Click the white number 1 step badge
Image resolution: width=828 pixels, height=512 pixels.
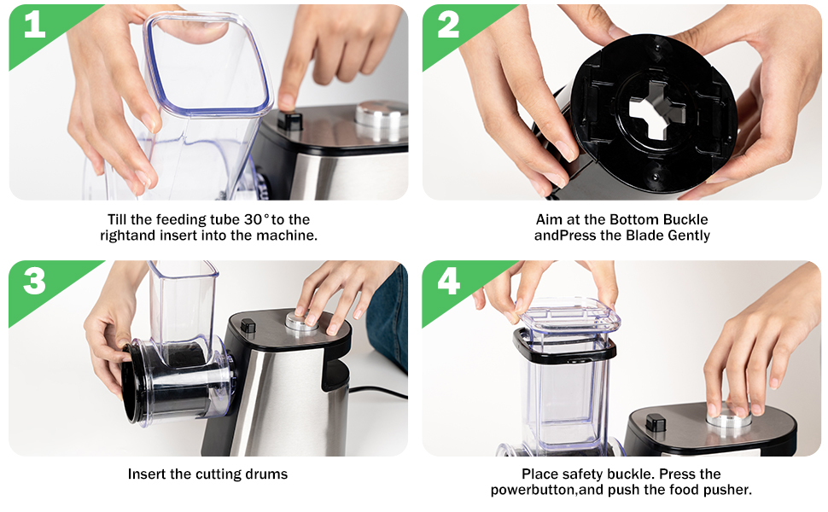[x=35, y=24]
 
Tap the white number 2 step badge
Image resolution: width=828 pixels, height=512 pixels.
[x=448, y=24]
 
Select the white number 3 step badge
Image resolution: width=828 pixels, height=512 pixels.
[x=34, y=280]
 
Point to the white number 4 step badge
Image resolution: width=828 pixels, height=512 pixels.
[x=448, y=280]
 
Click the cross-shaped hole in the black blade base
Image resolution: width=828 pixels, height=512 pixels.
[x=657, y=110]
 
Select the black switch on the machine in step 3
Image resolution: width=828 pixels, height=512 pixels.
[x=248, y=325]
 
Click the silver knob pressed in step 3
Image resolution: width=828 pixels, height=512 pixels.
[x=302, y=322]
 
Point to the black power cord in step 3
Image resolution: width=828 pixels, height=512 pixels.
[x=378, y=393]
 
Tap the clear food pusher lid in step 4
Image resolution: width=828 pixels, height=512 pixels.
[x=569, y=316]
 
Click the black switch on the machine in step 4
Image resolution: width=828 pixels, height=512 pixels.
[x=656, y=422]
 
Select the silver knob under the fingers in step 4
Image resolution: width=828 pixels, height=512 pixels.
[x=729, y=416]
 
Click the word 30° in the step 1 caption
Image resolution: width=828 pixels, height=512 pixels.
[x=255, y=219]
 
